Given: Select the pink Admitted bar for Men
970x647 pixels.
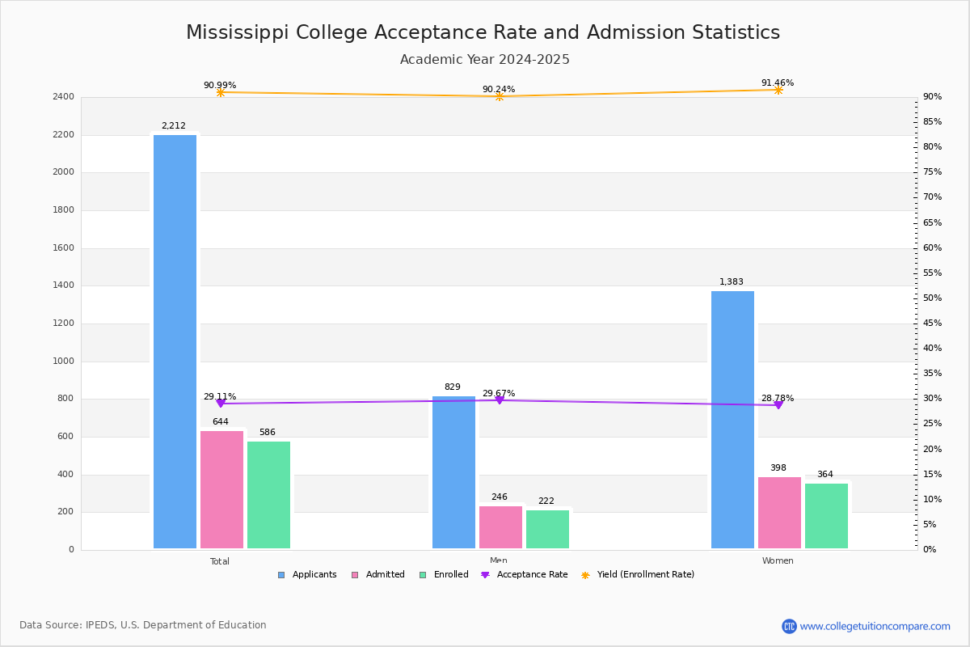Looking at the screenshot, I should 500,527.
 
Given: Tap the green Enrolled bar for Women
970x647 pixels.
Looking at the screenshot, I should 826,516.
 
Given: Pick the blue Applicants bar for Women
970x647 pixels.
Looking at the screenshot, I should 732,420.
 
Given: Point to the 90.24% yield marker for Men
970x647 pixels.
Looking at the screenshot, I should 499,97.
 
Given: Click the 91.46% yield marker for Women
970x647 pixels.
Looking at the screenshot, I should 778,90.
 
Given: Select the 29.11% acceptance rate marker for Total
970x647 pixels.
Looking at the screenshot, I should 220,403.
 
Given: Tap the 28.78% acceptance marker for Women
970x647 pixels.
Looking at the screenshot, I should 778,404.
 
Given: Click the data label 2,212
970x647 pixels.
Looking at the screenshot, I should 173,126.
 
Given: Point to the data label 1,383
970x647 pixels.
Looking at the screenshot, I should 731,282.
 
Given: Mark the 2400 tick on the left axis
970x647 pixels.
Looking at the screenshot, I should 64,97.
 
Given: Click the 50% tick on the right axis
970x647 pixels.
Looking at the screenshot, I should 932,298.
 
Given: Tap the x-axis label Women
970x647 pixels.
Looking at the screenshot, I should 778,561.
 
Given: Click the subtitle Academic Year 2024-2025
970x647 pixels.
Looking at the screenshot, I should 484,60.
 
